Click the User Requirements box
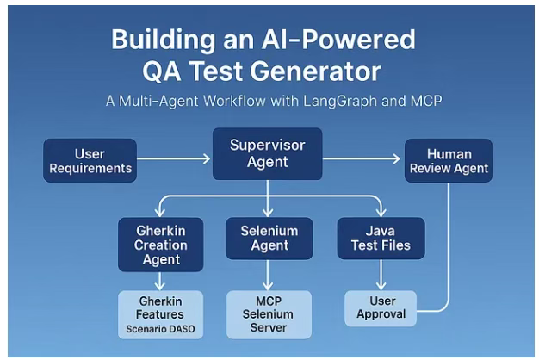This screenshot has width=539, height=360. pos(90,160)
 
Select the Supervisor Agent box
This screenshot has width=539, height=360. pos(268,153)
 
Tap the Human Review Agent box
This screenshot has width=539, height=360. pos(449,160)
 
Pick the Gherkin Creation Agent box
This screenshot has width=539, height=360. pos(160,245)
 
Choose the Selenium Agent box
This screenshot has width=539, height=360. pos(269,239)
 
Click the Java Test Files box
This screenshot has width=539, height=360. pos(381,239)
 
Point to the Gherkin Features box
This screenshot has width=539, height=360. pos(160,314)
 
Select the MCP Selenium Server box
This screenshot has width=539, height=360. pos(269,314)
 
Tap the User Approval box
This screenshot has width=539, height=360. pos(381,308)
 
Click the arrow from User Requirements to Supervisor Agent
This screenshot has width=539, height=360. pos(174,158)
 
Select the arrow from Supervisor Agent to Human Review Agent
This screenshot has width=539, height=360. pos(362,158)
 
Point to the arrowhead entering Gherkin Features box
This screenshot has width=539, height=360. pos(160,286)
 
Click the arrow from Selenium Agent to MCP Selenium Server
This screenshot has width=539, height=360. pos(268,275)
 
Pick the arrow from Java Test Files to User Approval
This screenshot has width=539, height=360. pos(381,275)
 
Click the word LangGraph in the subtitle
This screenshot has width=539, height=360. pos(339,101)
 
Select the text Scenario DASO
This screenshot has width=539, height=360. pos(160,329)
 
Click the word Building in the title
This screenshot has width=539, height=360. pos(163,40)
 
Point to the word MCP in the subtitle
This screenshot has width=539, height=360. pos(426,101)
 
